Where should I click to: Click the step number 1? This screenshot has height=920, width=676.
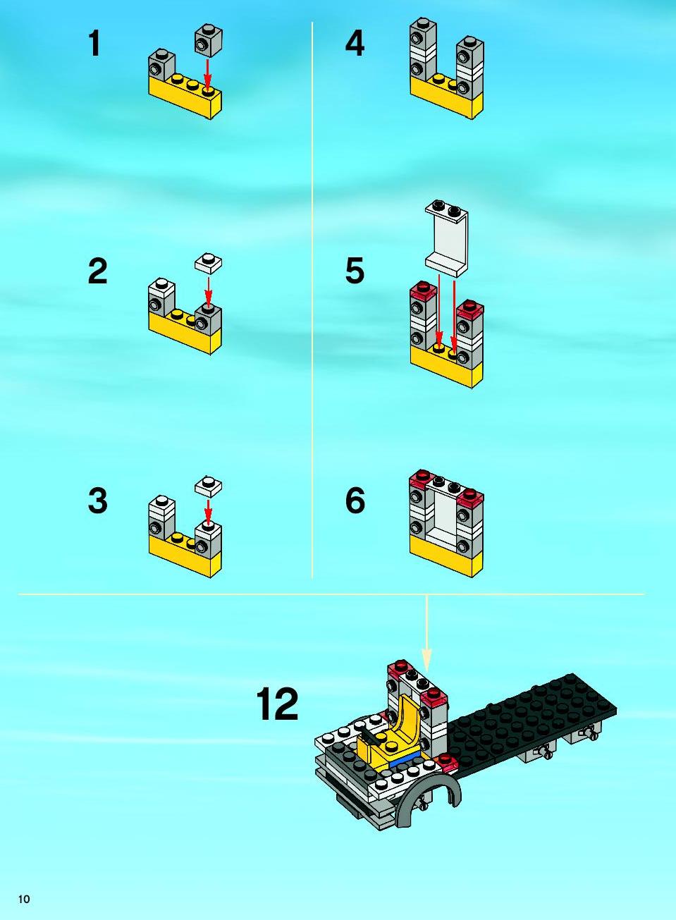tap(94, 44)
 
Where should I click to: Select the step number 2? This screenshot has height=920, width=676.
tap(97, 271)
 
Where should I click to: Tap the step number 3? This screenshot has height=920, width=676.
tap(97, 501)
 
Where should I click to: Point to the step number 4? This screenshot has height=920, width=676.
tap(355, 44)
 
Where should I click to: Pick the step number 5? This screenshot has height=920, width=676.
tap(355, 271)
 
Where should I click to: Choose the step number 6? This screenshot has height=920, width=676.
tap(355, 501)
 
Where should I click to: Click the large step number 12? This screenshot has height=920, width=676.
tap(277, 704)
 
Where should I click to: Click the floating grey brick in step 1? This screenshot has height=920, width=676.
tap(208, 40)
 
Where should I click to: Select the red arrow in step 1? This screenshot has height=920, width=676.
tap(208, 74)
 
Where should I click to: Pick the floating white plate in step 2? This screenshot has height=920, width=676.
tap(208, 264)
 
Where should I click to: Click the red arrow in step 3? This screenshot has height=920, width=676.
tap(208, 511)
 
